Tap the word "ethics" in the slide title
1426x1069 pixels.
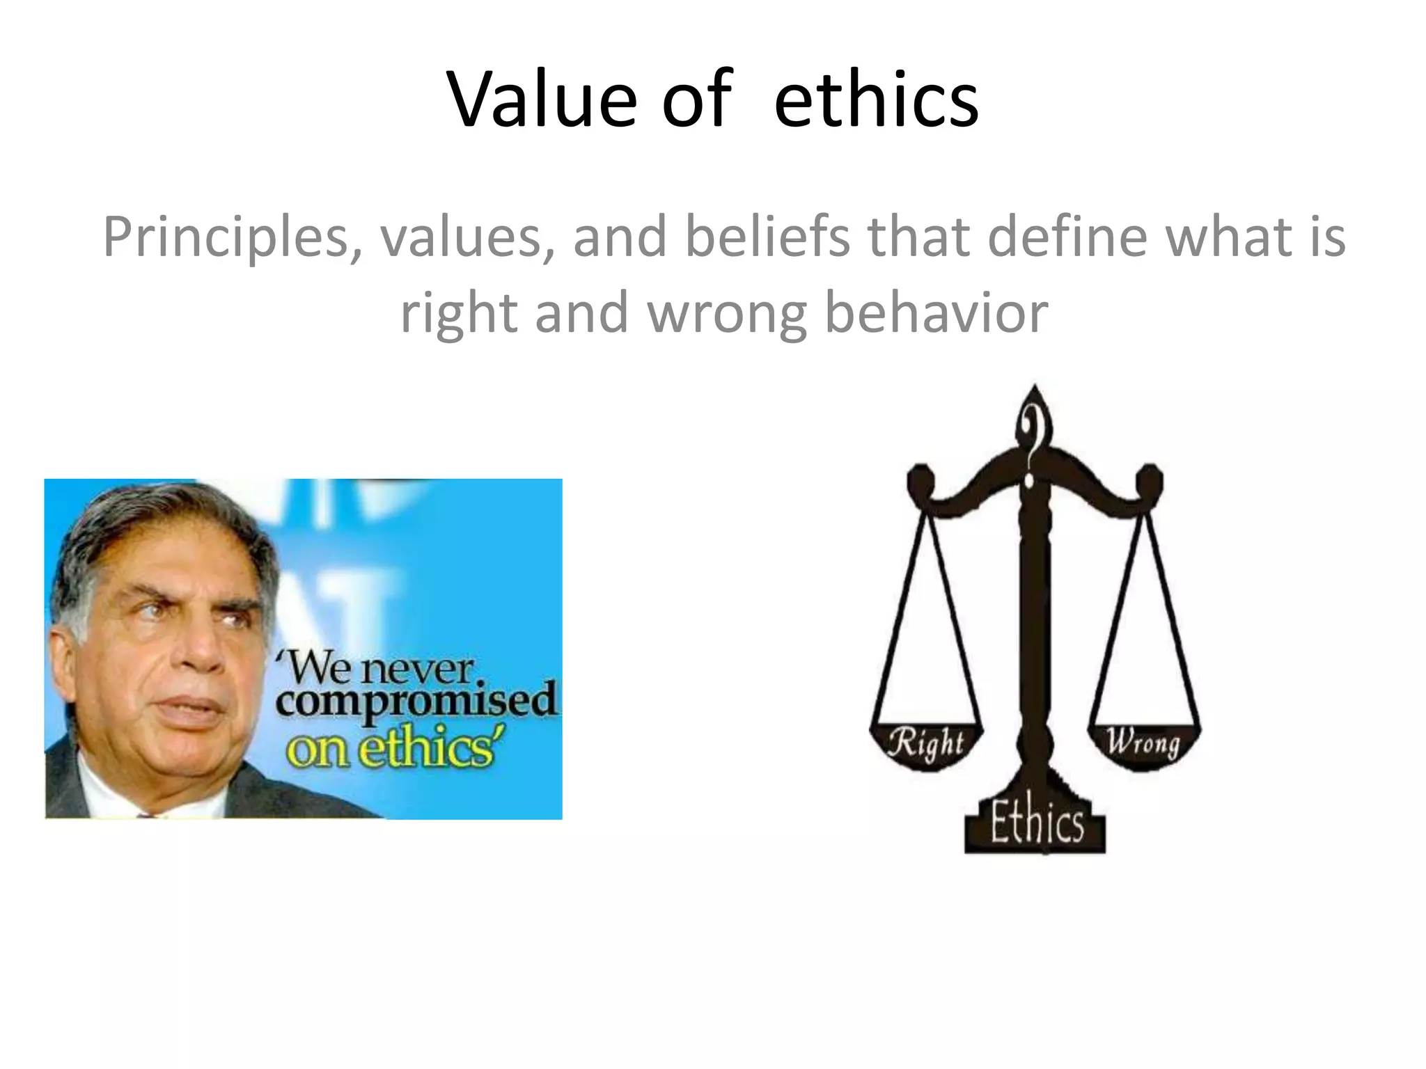(x=876, y=100)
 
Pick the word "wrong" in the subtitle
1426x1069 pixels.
(x=727, y=314)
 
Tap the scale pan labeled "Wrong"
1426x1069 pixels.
(x=1144, y=743)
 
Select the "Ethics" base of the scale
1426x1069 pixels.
(x=1035, y=825)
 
